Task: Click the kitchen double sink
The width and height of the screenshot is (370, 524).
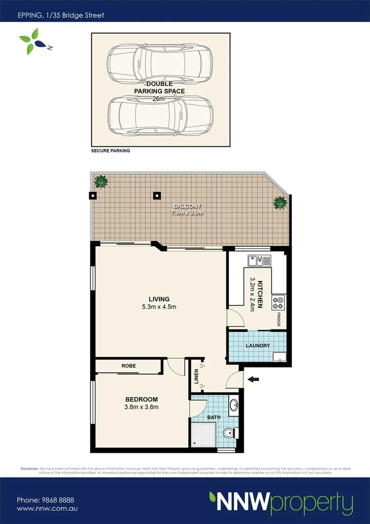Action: pyautogui.click(x=259, y=261)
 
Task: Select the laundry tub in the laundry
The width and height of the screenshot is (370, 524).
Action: pyautogui.click(x=280, y=356)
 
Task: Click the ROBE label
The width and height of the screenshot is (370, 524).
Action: pyautogui.click(x=128, y=366)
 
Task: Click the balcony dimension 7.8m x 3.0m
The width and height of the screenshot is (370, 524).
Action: pyautogui.click(x=188, y=213)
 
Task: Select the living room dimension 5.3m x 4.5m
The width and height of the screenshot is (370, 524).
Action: pyautogui.click(x=159, y=307)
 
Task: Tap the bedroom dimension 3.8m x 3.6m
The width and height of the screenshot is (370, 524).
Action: pyautogui.click(x=142, y=407)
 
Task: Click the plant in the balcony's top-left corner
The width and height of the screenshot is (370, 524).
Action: pyautogui.click(x=101, y=181)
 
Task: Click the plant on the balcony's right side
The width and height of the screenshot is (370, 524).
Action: pyautogui.click(x=280, y=203)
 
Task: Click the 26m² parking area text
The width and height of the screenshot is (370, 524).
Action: pyautogui.click(x=159, y=99)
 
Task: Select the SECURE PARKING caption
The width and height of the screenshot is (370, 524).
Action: pyautogui.click(x=110, y=151)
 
